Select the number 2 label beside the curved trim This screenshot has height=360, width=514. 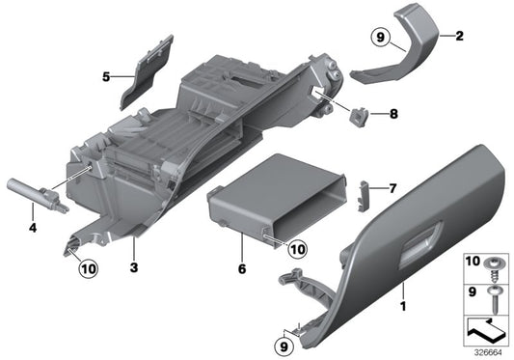click(x=459, y=37)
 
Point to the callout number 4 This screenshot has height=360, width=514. click(x=33, y=229)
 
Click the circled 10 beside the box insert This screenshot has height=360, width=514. click(x=298, y=249)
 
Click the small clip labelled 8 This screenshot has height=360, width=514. click(x=360, y=116)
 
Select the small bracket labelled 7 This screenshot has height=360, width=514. click(x=365, y=194)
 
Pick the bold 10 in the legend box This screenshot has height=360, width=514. click(x=473, y=262)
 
